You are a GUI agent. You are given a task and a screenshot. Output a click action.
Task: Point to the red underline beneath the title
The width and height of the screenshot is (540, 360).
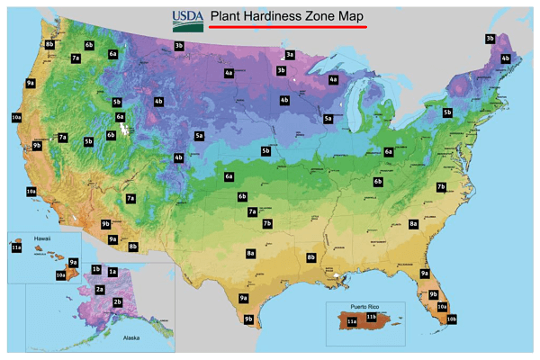point(287,27)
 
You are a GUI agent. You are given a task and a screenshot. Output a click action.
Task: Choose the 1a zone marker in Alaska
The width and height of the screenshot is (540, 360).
point(112,271)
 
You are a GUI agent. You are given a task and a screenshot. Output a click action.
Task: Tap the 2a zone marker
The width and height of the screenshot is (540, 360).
point(100,290)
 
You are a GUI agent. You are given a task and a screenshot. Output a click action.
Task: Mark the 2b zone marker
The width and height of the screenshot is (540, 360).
point(117,302)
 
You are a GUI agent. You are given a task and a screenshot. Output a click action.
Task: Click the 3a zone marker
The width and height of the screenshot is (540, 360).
point(290,55)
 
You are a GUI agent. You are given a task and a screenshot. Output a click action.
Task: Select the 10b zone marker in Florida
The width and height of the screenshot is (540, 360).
point(451,319)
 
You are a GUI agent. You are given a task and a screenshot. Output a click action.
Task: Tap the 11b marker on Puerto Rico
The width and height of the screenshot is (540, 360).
point(371,317)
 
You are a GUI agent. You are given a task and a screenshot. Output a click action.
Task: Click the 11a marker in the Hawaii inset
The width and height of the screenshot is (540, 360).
point(16,247)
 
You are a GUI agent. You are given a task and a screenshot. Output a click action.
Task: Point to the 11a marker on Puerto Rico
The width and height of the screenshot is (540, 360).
point(352,321)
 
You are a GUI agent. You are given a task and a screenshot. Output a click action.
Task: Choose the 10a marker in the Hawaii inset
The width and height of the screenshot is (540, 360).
point(61,274)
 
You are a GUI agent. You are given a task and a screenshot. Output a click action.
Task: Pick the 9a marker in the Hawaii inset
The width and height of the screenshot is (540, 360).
point(73,262)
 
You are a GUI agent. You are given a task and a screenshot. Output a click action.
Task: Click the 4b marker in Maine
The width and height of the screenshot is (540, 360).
point(505,58)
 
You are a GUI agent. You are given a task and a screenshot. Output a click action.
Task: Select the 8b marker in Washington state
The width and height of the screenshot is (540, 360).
point(49,43)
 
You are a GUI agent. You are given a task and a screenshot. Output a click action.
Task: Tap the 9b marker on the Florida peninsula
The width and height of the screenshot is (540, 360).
point(433,294)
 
